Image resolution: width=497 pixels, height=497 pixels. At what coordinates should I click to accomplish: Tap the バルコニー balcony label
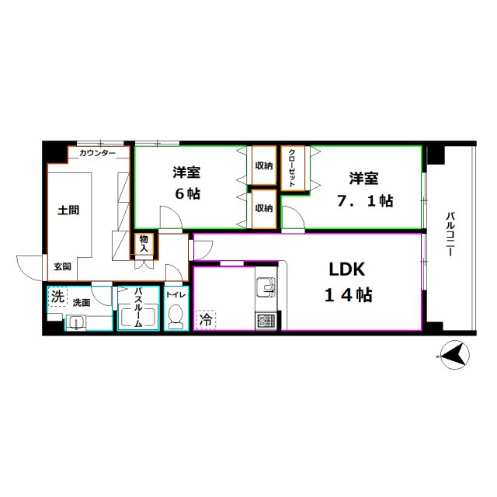[450, 235]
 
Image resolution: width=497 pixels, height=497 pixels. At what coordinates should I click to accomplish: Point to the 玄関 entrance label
[63, 266]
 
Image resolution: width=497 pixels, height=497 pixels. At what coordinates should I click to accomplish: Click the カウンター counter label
[97, 154]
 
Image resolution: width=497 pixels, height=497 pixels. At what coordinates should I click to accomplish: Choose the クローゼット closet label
[292, 167]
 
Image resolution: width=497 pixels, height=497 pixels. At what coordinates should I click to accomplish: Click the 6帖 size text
[187, 194]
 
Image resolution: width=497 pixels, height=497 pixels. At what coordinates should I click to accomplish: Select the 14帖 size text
[347, 295]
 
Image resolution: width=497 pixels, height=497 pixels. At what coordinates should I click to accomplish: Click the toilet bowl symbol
[176, 317]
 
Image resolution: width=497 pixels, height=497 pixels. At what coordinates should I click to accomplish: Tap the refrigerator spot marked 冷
[206, 318]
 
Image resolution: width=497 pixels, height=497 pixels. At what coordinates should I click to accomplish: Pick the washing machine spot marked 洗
[57, 297]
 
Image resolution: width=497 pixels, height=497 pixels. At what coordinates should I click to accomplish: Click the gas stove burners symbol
[265, 319]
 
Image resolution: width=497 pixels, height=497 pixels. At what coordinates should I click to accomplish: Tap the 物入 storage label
[144, 245]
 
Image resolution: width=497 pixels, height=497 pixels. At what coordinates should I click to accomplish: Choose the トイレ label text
[175, 295]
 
